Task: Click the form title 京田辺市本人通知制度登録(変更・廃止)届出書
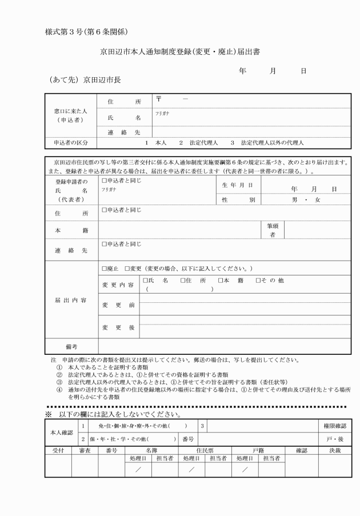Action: pyautogui.click(x=179, y=51)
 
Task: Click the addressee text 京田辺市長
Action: pyautogui.click(x=102, y=79)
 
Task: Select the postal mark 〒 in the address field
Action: pyautogui.click(x=158, y=99)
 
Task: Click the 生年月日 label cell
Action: pyautogui.click(x=237, y=185)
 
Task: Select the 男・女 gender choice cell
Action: pyautogui.click(x=306, y=200)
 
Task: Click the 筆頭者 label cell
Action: pyautogui.click(x=273, y=230)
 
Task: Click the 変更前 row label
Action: pyautogui.click(x=118, y=305)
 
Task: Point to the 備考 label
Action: pyautogui.click(x=71, y=346)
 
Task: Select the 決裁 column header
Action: pyautogui.click(x=334, y=450)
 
